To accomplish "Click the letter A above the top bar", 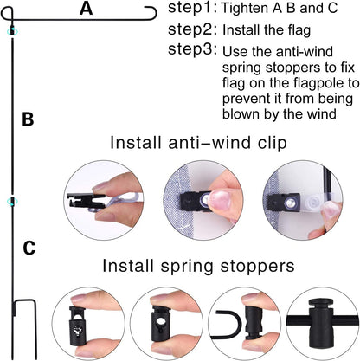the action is (x=86, y=9).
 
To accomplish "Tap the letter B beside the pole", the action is (x=28, y=119).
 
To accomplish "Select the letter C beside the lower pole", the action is (x=29, y=248).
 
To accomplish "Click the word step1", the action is (x=192, y=8).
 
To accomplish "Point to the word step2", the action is (x=192, y=29).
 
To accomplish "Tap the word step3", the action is (x=192, y=49).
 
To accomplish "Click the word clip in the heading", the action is (x=273, y=143).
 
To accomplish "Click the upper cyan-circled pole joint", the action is (x=12, y=30).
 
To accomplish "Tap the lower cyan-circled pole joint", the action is (x=12, y=201).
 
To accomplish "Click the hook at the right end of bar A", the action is (x=151, y=13).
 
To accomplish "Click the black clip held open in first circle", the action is (x=86, y=200).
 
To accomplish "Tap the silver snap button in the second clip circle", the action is (x=205, y=200).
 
